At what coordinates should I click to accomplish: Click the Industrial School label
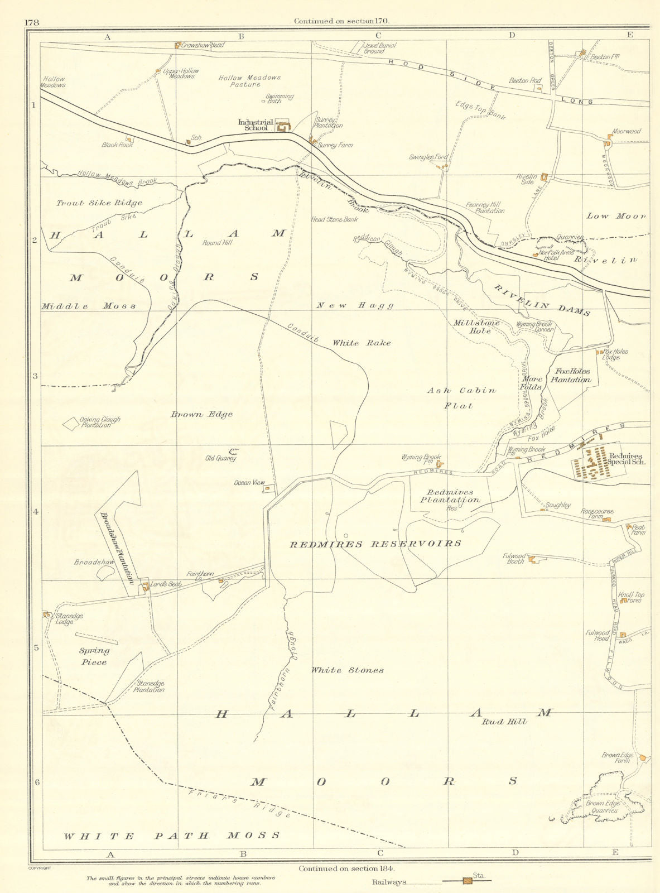point(256,125)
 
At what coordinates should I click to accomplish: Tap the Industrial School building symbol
point(284,126)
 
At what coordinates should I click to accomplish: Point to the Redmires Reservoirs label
point(375,544)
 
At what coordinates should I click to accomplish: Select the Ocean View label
point(249,483)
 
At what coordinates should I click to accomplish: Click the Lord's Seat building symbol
point(145,587)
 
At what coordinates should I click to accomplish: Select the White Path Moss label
point(171,836)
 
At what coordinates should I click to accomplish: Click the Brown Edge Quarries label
point(603,806)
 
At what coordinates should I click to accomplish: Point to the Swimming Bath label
point(279,99)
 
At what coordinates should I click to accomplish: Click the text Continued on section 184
point(346,868)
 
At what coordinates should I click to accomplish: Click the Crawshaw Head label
point(203,45)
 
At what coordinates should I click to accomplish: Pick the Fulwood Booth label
point(516,558)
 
